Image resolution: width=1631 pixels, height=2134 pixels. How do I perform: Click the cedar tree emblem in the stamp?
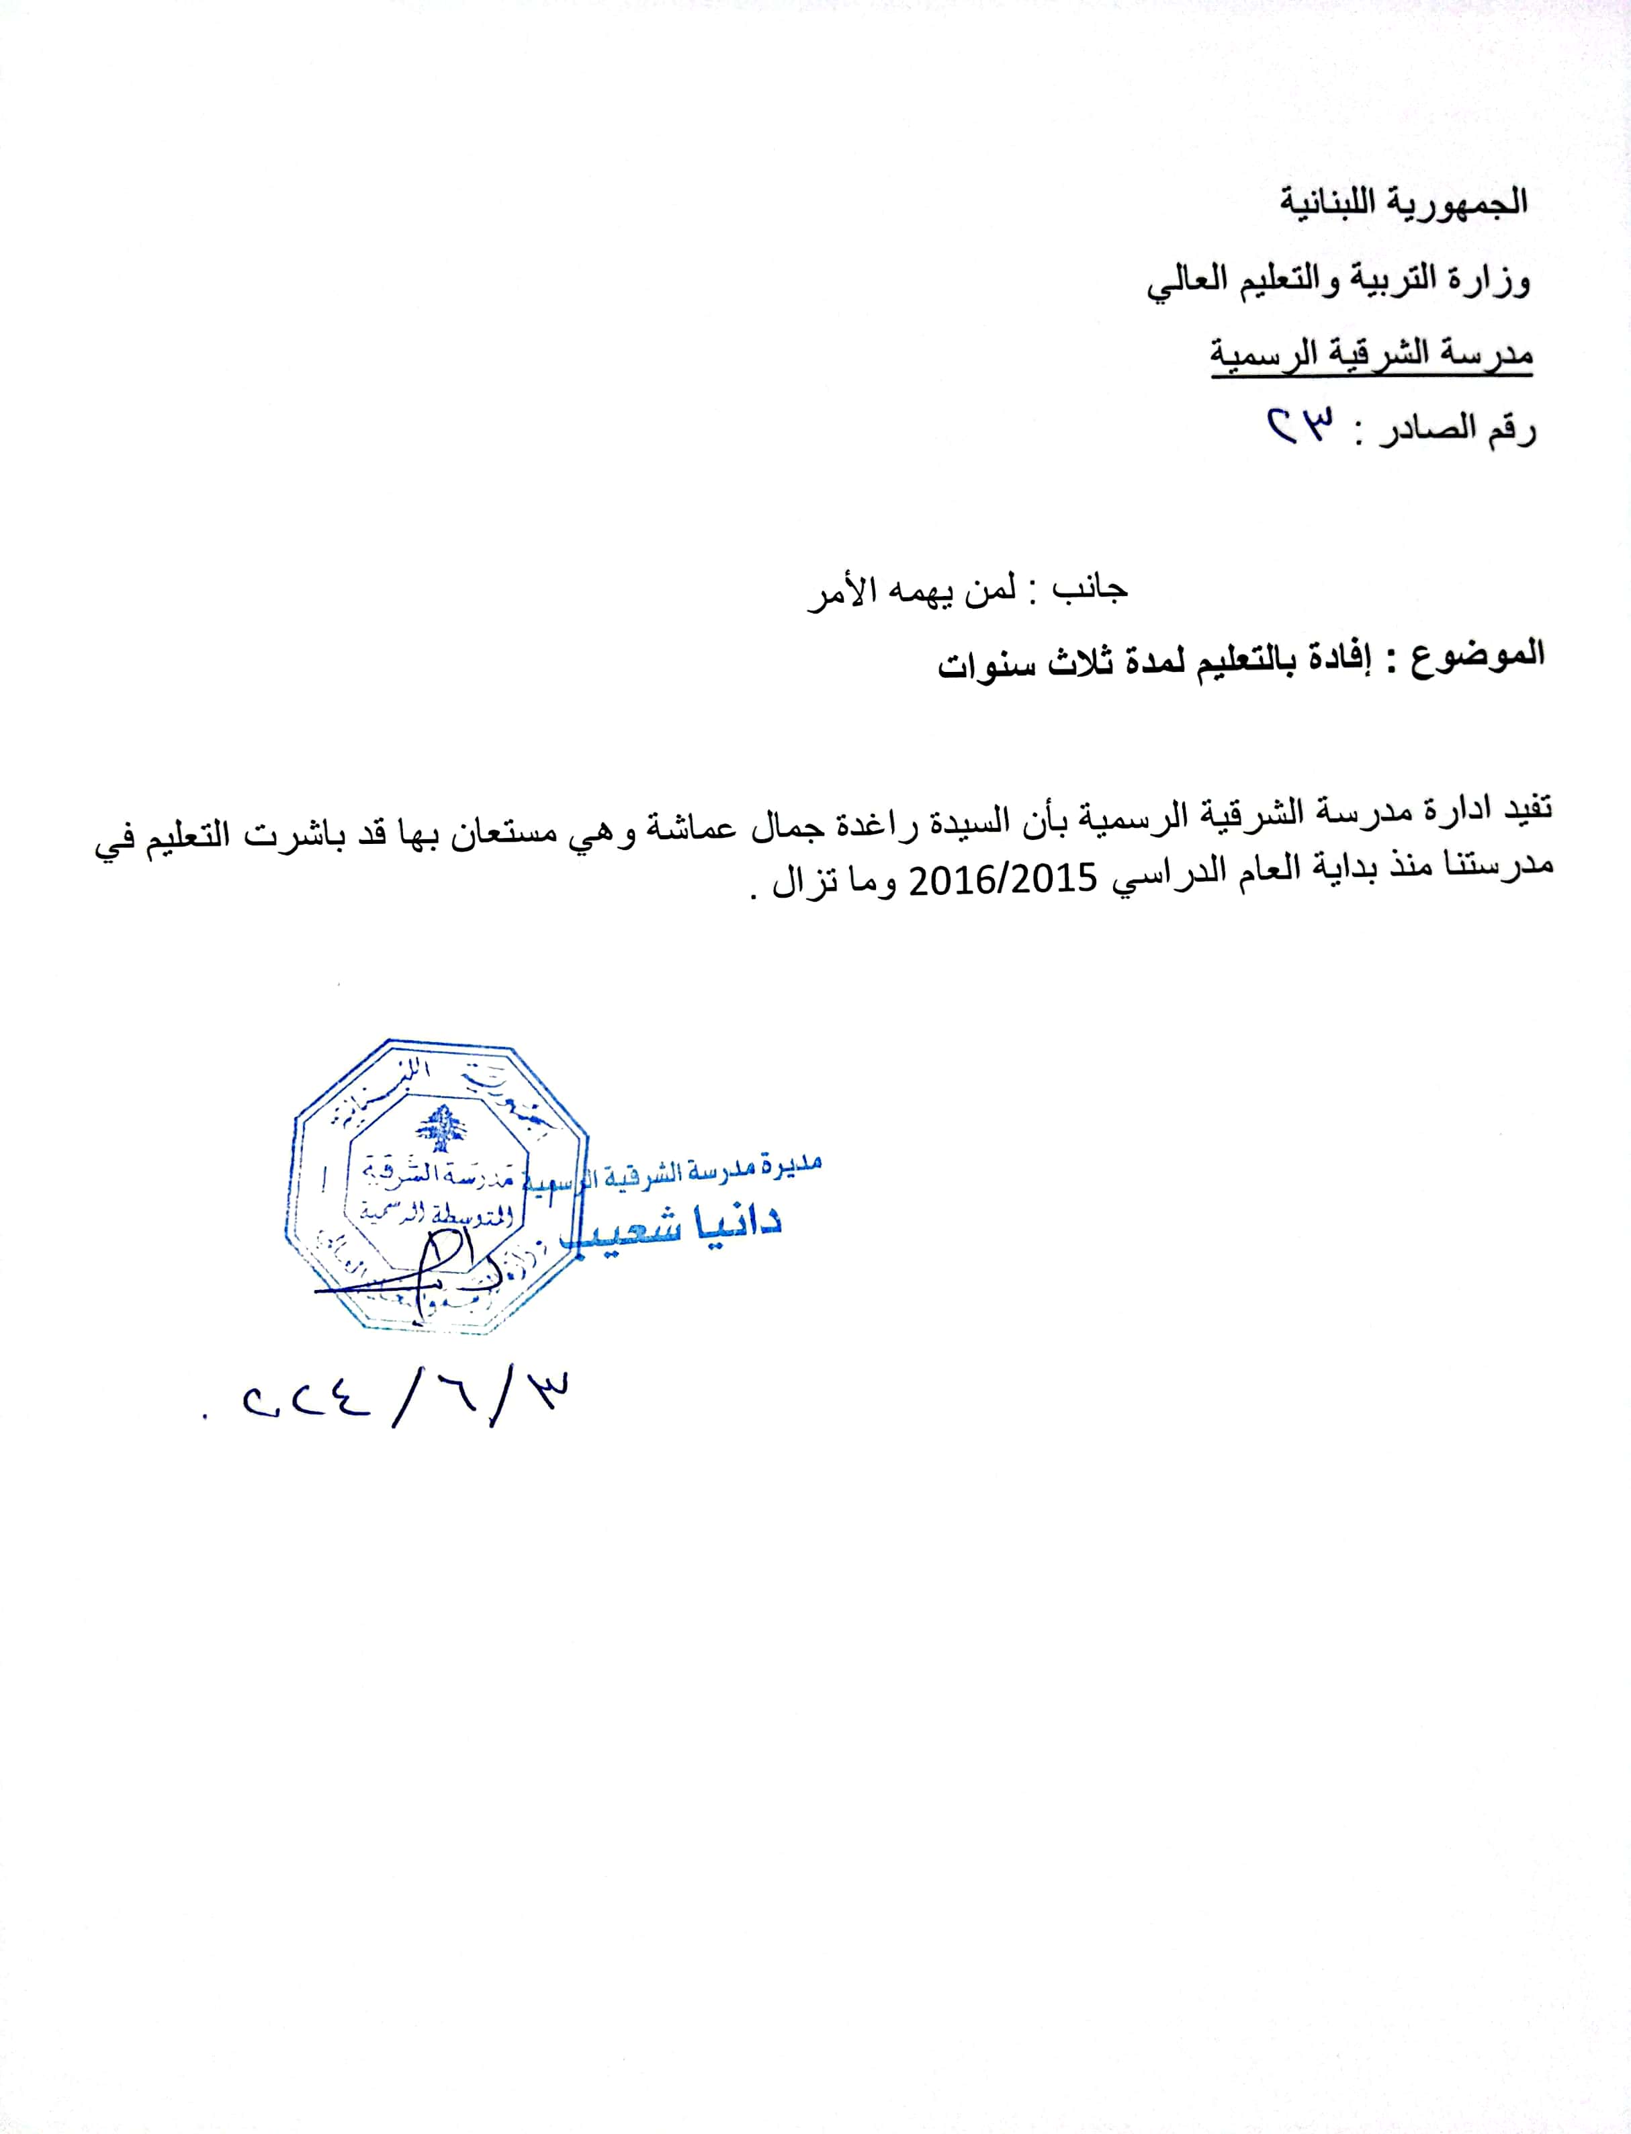click(440, 1127)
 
